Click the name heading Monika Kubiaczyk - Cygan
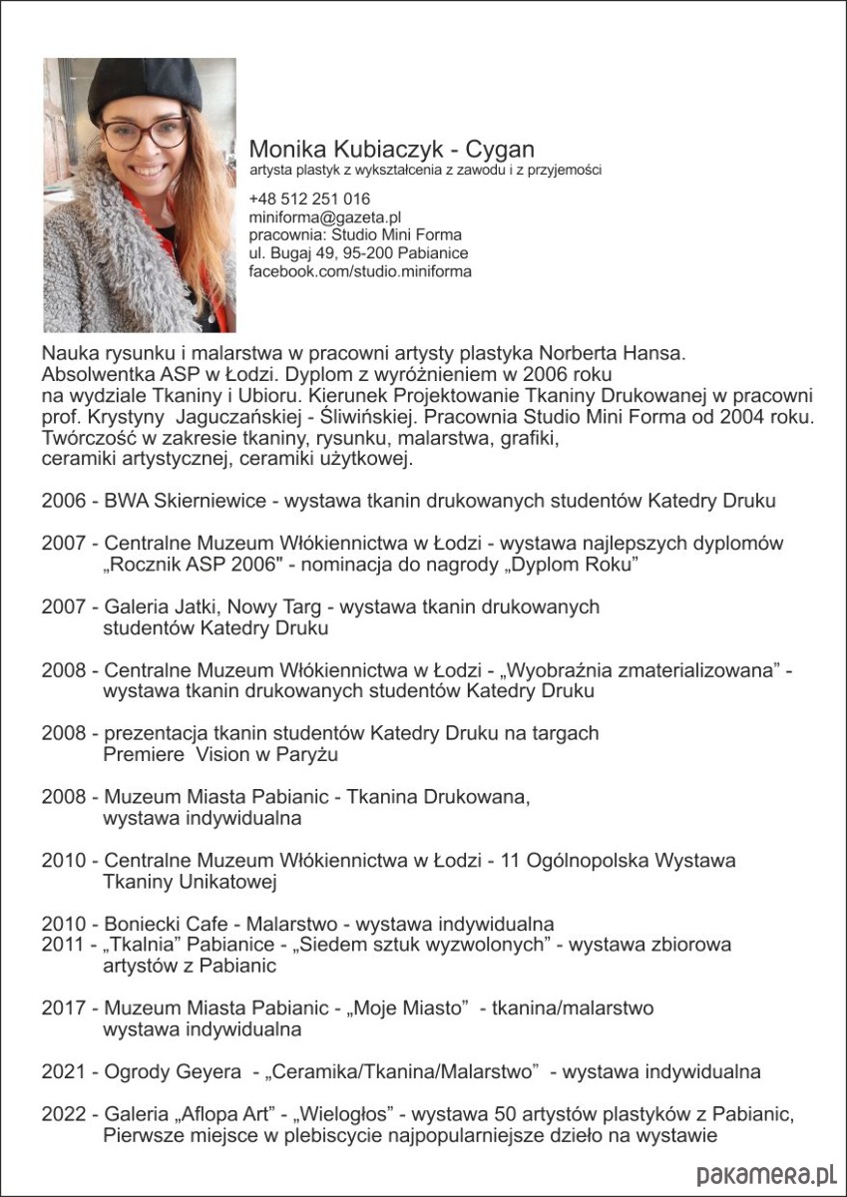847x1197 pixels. (391, 150)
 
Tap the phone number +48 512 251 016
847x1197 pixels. (309, 199)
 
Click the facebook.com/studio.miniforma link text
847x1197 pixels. (360, 271)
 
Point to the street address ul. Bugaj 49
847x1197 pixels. (296, 253)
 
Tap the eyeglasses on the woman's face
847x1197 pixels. (145, 133)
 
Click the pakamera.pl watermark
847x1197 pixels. (765, 1174)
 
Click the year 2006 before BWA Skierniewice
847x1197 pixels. (64, 501)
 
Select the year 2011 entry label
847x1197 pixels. (64, 944)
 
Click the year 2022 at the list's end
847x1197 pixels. (64, 1113)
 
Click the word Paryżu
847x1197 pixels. (304, 755)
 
